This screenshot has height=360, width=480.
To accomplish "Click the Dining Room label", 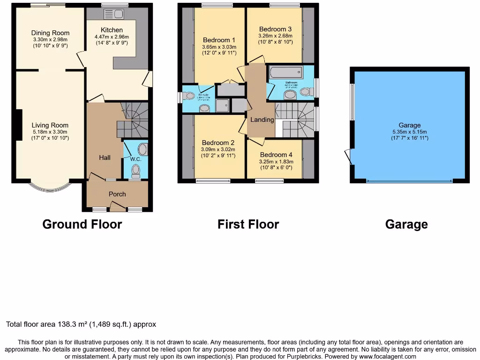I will (50, 33).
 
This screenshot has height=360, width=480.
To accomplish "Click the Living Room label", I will (50, 125).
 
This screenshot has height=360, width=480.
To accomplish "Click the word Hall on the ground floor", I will (105, 157).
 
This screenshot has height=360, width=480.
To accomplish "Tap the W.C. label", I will (136, 159).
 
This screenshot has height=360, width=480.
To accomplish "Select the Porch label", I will (117, 194).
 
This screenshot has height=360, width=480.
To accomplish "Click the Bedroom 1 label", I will (219, 40).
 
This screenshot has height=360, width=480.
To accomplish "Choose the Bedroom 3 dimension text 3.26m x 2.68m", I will (275, 36).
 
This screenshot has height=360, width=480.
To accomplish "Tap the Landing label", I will (262, 120).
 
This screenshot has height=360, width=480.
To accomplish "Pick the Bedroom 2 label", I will (218, 142).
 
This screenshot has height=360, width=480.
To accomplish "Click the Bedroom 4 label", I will (276, 155).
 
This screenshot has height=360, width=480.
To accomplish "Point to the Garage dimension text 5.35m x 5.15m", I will (410, 132).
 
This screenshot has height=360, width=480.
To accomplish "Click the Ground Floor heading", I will (82, 225).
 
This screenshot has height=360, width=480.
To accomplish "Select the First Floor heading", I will (248, 225).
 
